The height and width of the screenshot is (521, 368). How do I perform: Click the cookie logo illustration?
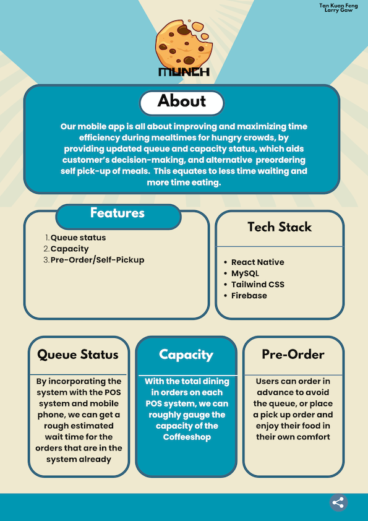183,43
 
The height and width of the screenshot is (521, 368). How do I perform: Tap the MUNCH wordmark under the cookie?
184,72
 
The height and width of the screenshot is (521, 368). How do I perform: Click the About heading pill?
182,103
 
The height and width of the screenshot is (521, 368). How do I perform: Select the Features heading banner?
118,217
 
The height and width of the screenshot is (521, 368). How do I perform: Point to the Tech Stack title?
280,227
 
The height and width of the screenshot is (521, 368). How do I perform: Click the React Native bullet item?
258,262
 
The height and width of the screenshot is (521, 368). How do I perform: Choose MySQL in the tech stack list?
245,273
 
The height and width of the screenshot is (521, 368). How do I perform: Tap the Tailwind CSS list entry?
258,285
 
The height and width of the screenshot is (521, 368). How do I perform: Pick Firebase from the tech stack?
249,295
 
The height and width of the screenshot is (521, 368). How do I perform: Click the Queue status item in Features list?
78,238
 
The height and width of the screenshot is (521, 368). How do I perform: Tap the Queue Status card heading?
78,355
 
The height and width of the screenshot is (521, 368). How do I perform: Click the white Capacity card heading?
186,355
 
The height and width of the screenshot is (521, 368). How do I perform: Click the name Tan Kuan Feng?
338,6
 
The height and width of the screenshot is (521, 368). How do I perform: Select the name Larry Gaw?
338,11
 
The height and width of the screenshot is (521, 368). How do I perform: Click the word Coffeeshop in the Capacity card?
187,437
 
